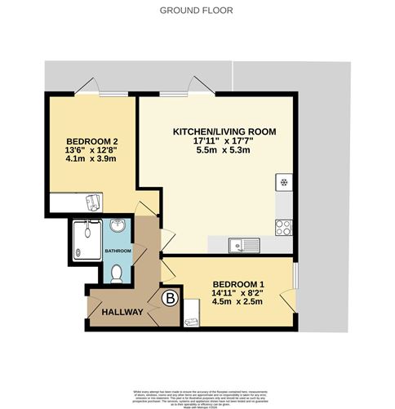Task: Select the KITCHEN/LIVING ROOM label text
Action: coord(224,131)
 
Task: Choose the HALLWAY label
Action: coord(122,312)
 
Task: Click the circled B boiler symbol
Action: coord(171,299)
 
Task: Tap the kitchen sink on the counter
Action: coord(242,242)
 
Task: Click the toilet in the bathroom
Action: coord(116,273)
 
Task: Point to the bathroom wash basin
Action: coord(117,226)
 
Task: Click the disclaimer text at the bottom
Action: coord(197,394)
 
